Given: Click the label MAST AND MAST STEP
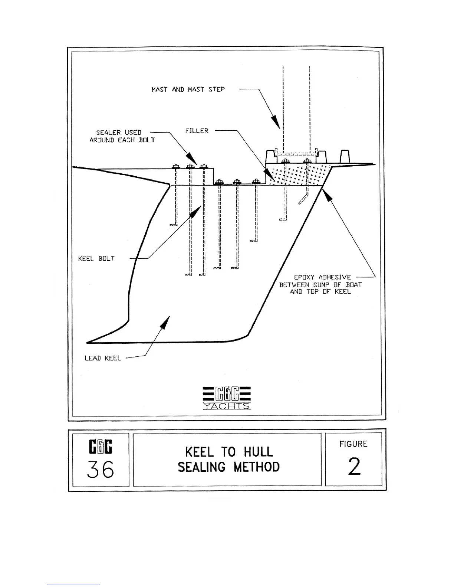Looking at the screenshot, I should point(188,89).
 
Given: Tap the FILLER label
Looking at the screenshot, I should point(197,131).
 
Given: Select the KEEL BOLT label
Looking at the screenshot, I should point(96,258).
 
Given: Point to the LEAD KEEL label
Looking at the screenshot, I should point(103,358).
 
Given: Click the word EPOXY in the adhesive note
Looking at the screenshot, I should point(304,277).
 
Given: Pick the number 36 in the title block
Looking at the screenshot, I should point(100,470).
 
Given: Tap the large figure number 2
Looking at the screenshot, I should point(354,467).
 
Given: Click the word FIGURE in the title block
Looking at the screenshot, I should point(353,444).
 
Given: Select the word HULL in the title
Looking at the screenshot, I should point(258,452).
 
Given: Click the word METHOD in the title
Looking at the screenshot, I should point(257,467).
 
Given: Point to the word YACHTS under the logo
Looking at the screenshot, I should point(227,406).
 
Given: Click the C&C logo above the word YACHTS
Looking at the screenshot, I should point(227,394).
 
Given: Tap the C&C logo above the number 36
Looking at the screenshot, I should point(101,447).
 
